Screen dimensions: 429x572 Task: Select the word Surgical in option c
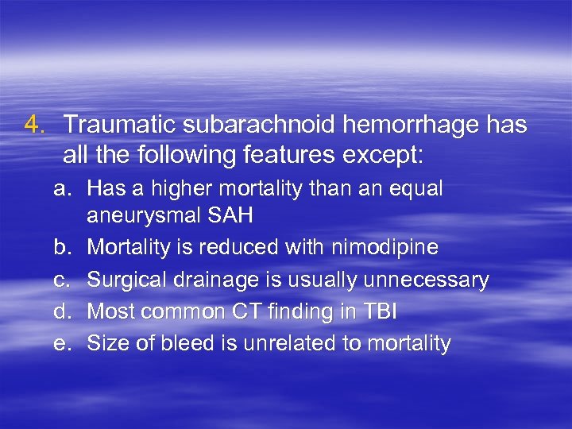pyautogui.click(x=121, y=280)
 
